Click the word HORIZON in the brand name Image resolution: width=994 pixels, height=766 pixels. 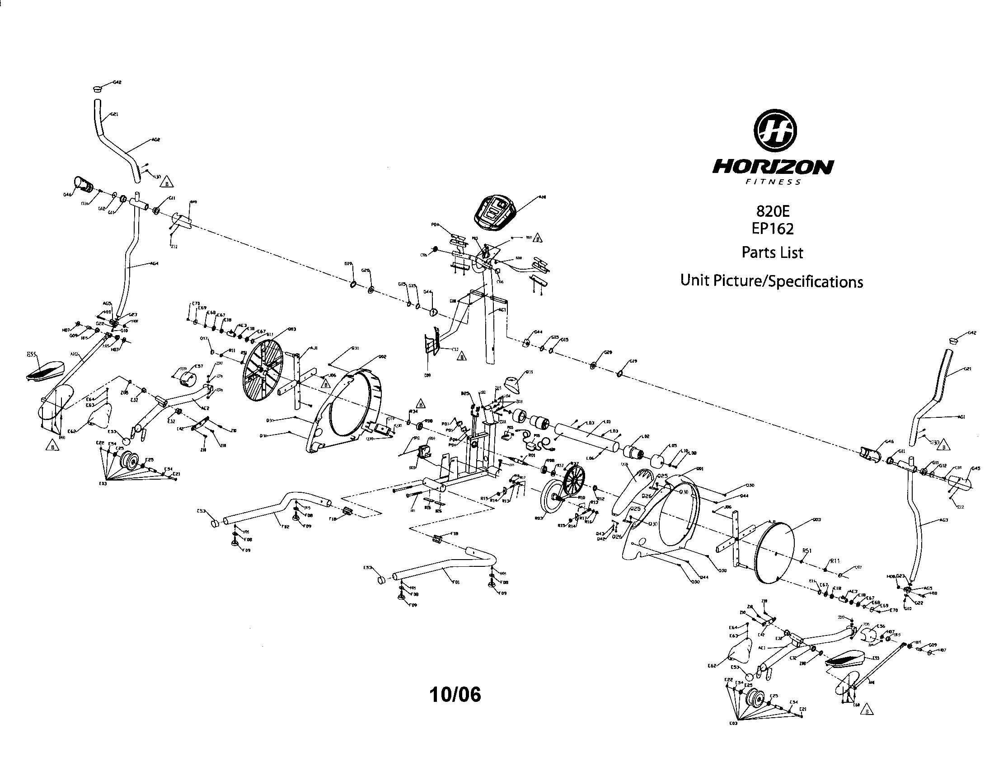tap(773, 167)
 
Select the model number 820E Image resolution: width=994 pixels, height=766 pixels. tap(772, 211)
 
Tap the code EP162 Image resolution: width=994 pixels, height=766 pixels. tap(772, 229)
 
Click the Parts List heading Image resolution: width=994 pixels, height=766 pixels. tap(772, 252)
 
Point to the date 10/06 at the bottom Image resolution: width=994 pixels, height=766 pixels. tap(455, 695)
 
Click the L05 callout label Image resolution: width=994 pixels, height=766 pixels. tap(673, 446)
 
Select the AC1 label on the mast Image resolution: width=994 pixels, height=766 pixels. tap(502, 310)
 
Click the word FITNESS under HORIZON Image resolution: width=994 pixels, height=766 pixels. tap(773, 182)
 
